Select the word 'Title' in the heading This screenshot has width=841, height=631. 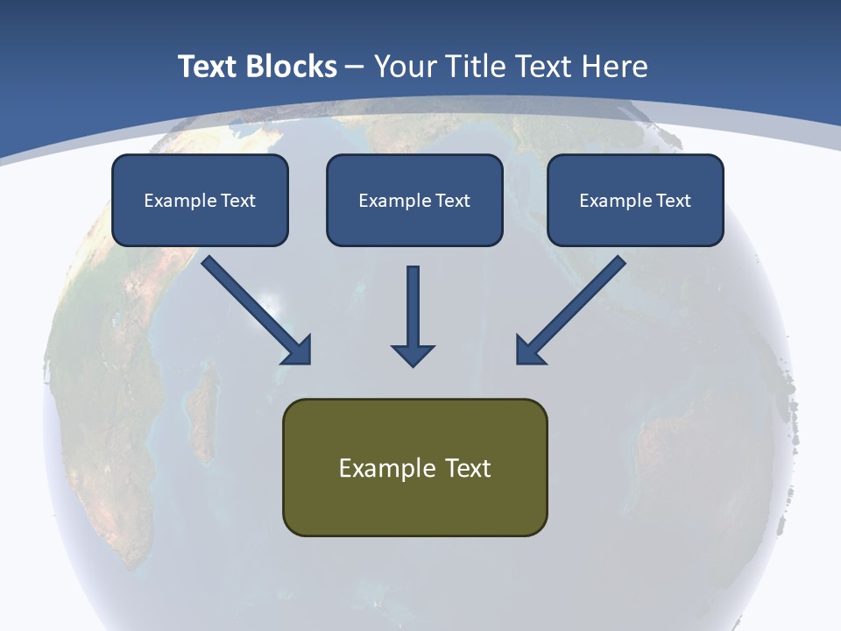click(478, 67)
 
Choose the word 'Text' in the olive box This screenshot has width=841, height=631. click(468, 468)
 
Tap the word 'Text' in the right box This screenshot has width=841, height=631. click(673, 201)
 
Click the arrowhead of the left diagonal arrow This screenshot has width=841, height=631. click(298, 351)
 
